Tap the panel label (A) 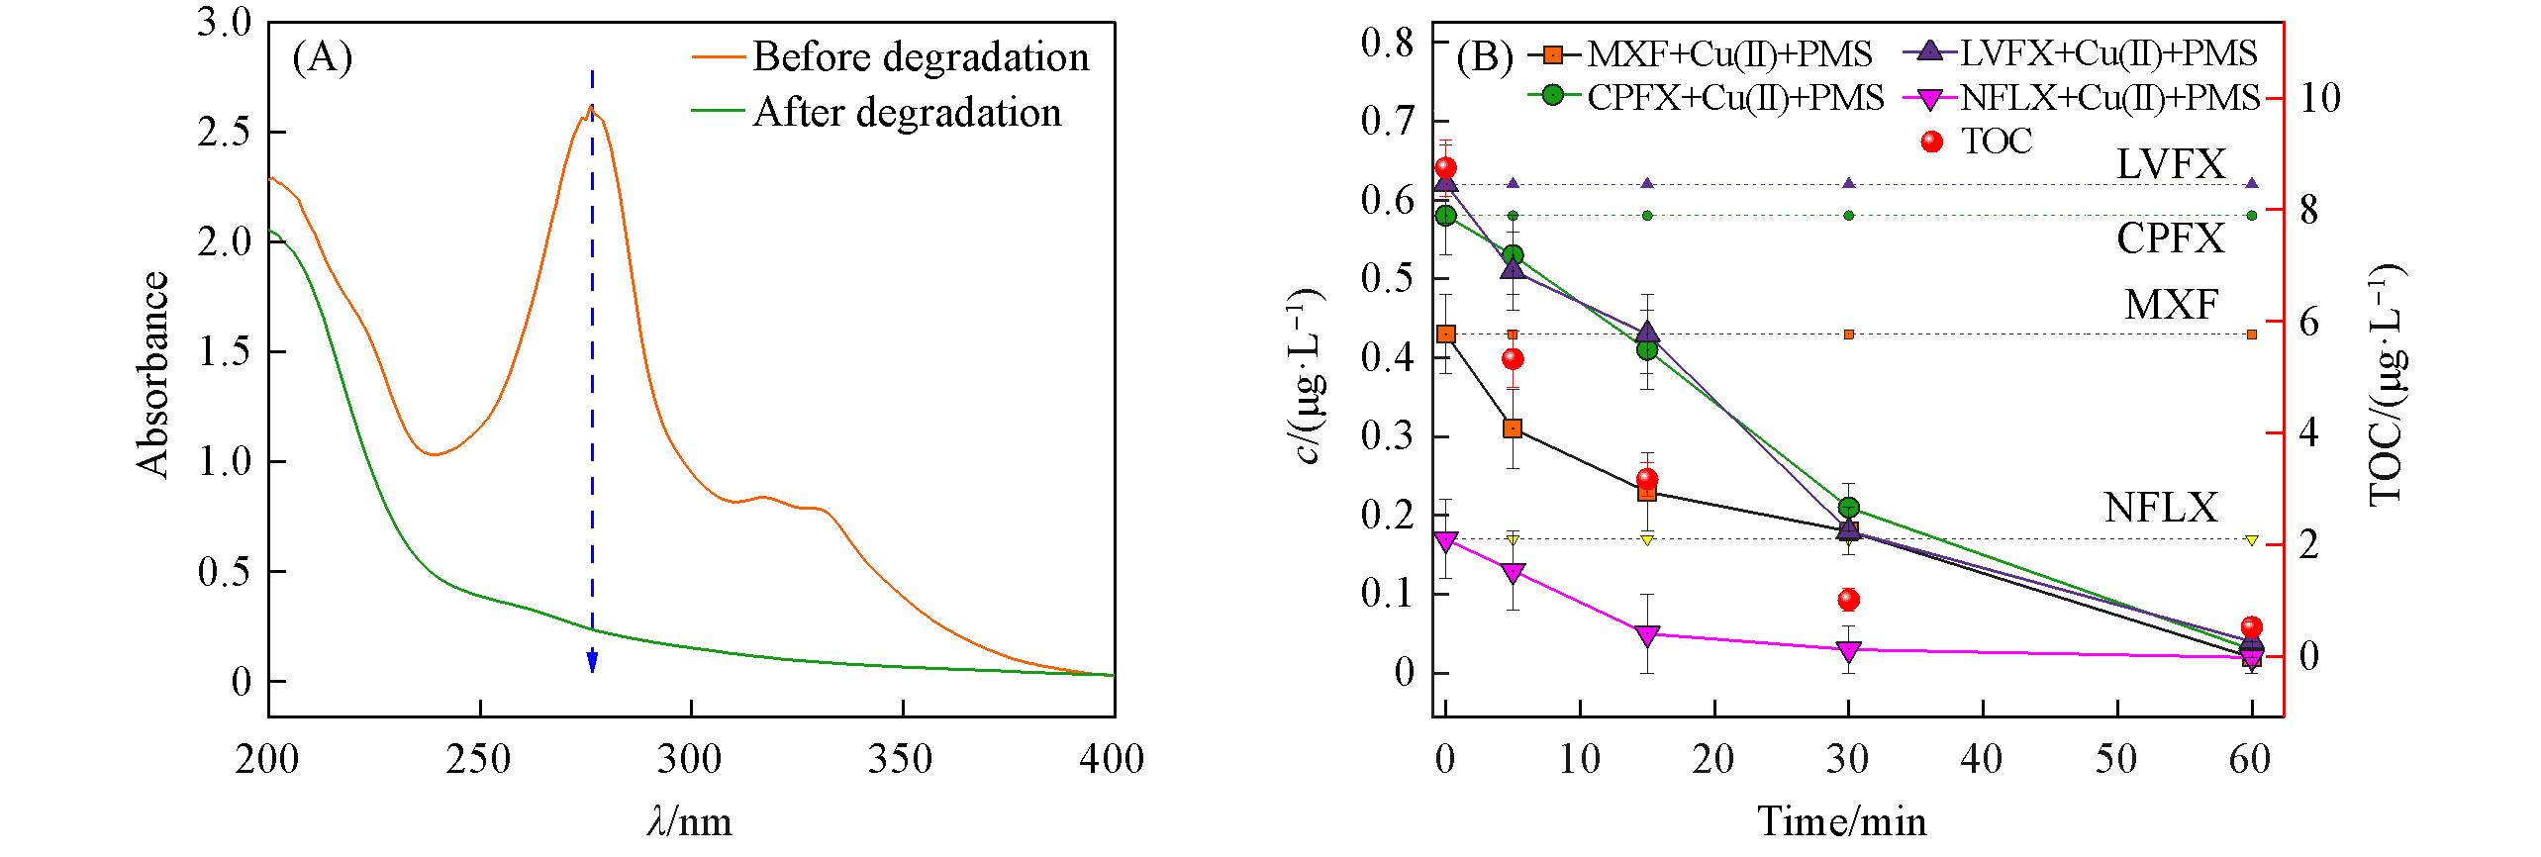pos(322,59)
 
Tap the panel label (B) pos(1486,59)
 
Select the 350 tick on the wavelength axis pos(903,760)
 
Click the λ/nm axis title pos(690,821)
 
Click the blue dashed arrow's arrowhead pos(592,662)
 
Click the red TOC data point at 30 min pos(1848,600)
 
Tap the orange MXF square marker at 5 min pos(1513,428)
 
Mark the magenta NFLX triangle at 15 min pos(1647,634)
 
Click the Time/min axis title pos(1842,822)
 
